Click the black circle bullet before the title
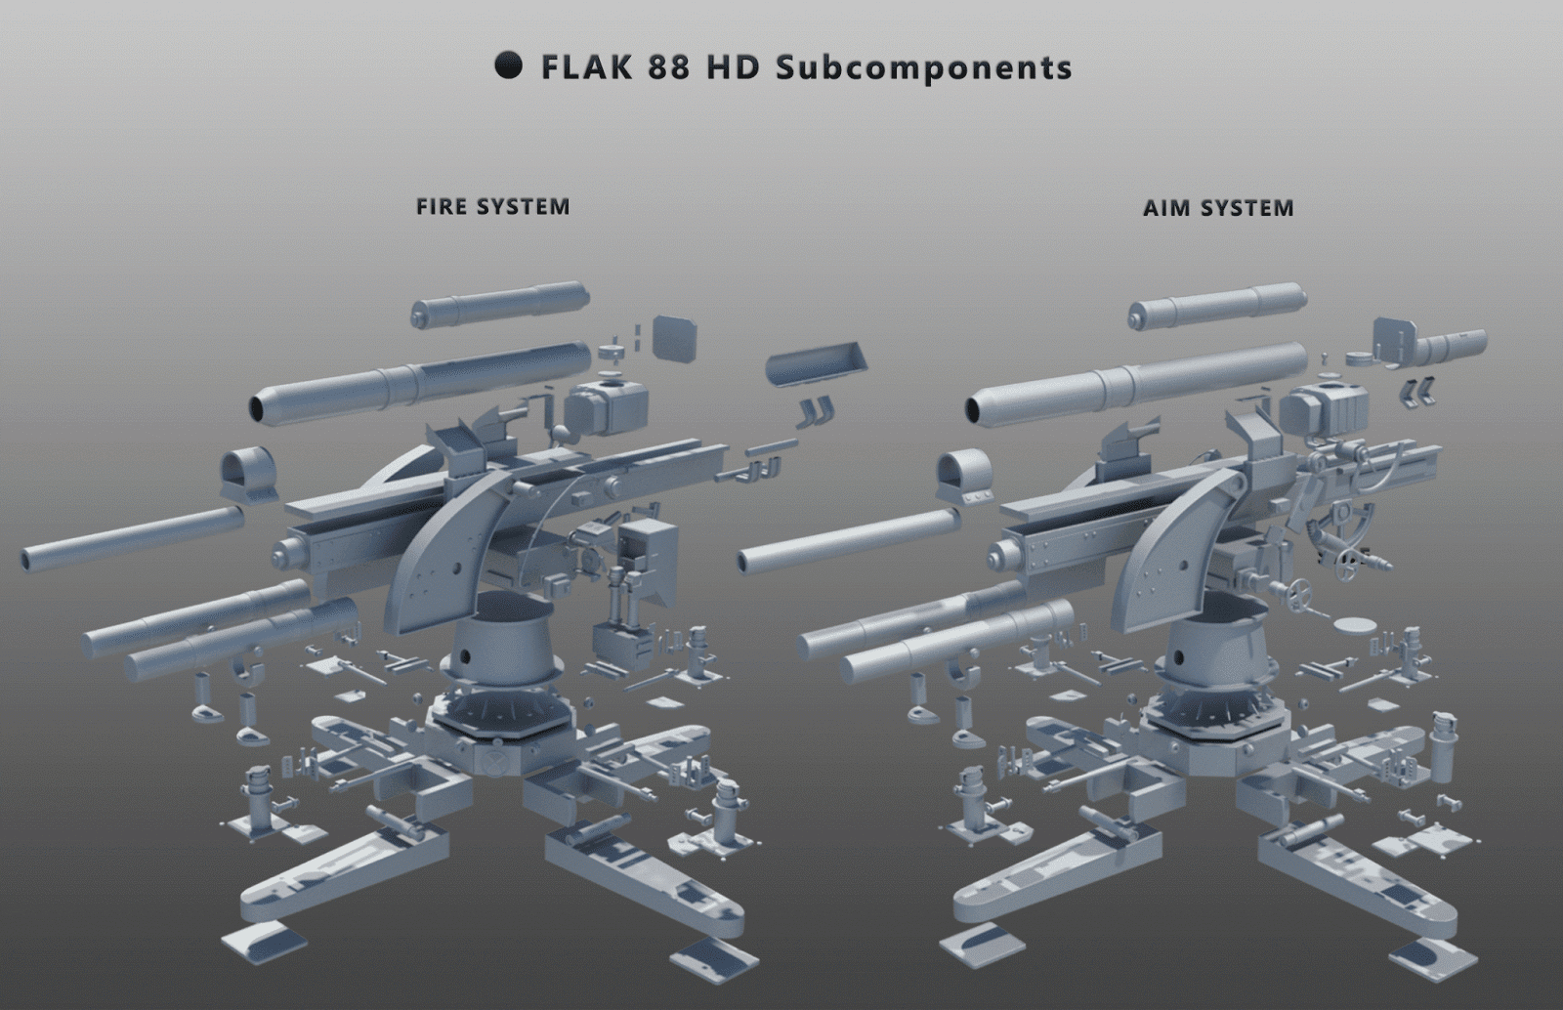coord(508,65)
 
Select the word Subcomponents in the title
coord(923,68)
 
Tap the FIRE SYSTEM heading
coord(492,207)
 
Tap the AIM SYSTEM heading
coord(1218,208)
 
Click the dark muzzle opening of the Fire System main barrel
coord(262,409)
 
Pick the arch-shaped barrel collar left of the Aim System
coord(965,476)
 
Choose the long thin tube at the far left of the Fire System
coord(133,539)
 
